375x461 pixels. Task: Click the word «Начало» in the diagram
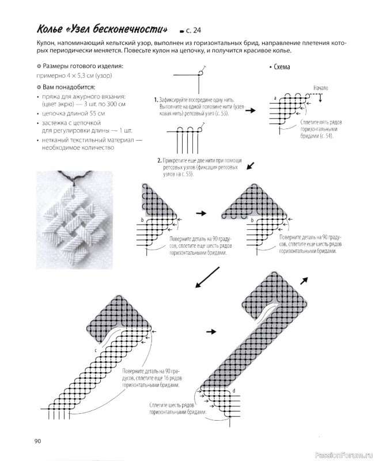click(x=321, y=88)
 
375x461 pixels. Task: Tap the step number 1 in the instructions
click(x=156, y=100)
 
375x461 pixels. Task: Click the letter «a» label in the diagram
click(x=275, y=99)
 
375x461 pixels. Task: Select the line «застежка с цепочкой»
click(x=71, y=123)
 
